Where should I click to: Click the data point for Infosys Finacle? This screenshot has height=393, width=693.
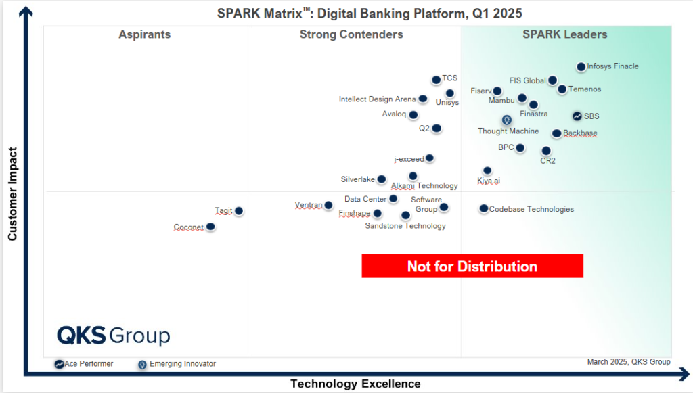(x=581, y=66)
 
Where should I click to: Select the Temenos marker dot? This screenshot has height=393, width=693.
(x=562, y=89)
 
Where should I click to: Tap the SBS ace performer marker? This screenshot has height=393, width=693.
(x=577, y=116)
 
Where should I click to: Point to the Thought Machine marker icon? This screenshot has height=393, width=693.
(x=506, y=120)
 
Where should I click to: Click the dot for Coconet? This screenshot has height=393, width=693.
(x=210, y=227)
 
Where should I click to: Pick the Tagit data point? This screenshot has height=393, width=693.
(x=238, y=211)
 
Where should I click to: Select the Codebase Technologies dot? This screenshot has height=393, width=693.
(x=483, y=209)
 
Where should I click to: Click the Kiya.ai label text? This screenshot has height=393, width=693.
(x=489, y=181)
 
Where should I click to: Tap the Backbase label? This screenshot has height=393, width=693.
(x=580, y=133)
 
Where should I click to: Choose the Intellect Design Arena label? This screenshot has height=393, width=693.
(x=378, y=99)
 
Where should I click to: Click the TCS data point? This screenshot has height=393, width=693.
(x=436, y=80)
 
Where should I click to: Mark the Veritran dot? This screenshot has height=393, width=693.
(x=328, y=205)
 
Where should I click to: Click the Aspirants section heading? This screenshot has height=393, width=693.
(x=144, y=34)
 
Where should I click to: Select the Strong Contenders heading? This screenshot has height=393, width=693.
(x=351, y=34)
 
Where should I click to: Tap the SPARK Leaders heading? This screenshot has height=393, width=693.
(x=565, y=34)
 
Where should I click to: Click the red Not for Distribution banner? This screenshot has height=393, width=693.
(x=472, y=266)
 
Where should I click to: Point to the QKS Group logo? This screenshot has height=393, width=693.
(x=113, y=336)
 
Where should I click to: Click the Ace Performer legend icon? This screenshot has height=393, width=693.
(x=60, y=364)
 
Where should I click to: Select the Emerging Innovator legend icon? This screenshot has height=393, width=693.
(x=142, y=364)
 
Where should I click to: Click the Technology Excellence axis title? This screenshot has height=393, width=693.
(x=355, y=384)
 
